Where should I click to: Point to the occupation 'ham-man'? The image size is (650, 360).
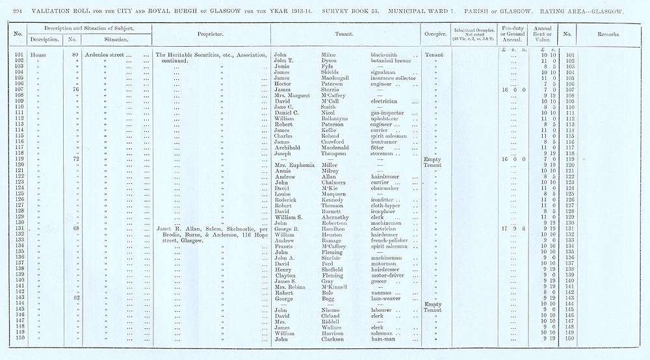(x=382, y=338)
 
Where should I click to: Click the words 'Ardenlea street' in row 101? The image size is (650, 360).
(x=106, y=56)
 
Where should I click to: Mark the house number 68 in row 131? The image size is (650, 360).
(x=77, y=229)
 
